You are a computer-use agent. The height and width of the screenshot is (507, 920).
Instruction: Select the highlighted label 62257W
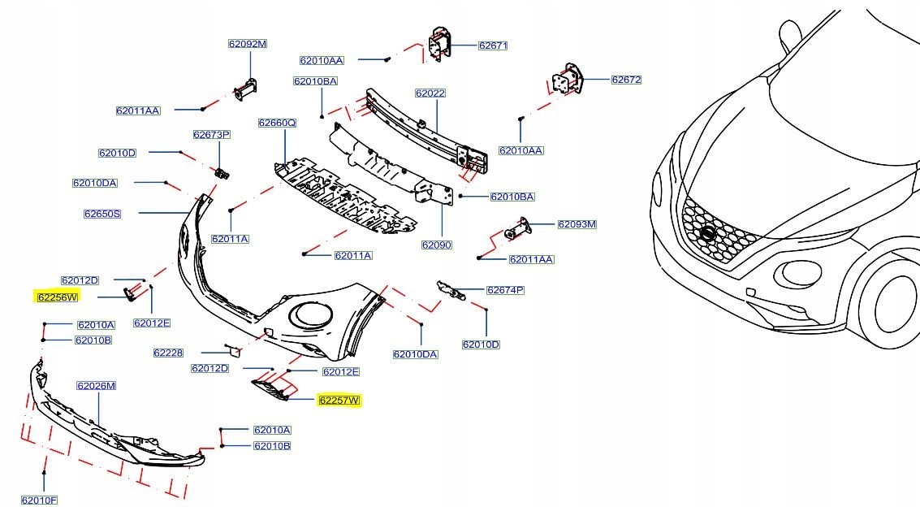click(x=339, y=401)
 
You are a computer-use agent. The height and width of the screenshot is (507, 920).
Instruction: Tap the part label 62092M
click(x=247, y=44)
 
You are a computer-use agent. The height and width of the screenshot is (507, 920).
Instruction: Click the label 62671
click(x=492, y=45)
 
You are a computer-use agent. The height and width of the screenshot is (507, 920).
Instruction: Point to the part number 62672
click(x=626, y=80)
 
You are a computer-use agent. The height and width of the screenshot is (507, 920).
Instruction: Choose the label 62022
click(x=430, y=93)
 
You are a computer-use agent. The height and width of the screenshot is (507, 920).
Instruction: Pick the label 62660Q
click(x=278, y=123)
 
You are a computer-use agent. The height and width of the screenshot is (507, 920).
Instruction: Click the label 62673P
click(x=212, y=134)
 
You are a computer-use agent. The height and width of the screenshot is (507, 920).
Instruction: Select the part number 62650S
click(x=102, y=214)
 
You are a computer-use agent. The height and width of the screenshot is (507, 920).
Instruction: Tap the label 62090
click(x=437, y=245)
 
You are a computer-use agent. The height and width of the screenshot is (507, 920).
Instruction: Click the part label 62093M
click(x=577, y=224)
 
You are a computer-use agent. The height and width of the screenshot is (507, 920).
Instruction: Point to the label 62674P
click(x=505, y=290)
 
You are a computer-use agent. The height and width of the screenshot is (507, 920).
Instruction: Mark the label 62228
click(x=168, y=353)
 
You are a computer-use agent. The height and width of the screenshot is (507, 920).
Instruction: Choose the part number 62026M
click(x=97, y=386)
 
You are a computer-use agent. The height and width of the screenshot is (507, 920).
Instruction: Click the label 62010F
click(x=40, y=500)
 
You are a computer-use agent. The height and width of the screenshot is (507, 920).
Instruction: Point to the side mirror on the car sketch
click(x=790, y=34)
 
